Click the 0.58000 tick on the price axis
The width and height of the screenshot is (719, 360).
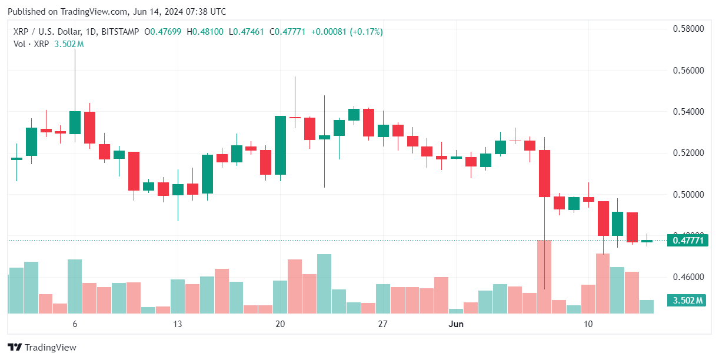click(689, 28)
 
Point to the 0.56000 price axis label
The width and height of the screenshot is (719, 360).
click(689, 70)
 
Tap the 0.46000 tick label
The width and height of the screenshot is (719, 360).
click(689, 276)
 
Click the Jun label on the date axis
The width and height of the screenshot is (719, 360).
click(456, 324)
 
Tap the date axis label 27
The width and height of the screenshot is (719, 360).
click(383, 324)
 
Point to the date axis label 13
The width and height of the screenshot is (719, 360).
click(177, 324)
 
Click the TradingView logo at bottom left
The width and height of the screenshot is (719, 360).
click(42, 348)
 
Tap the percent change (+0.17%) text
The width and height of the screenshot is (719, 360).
click(366, 32)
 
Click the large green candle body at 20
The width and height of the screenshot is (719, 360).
click(280, 145)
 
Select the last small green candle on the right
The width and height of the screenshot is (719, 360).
click(647, 241)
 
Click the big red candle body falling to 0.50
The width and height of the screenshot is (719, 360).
click(544, 174)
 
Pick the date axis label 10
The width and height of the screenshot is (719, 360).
click(588, 324)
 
